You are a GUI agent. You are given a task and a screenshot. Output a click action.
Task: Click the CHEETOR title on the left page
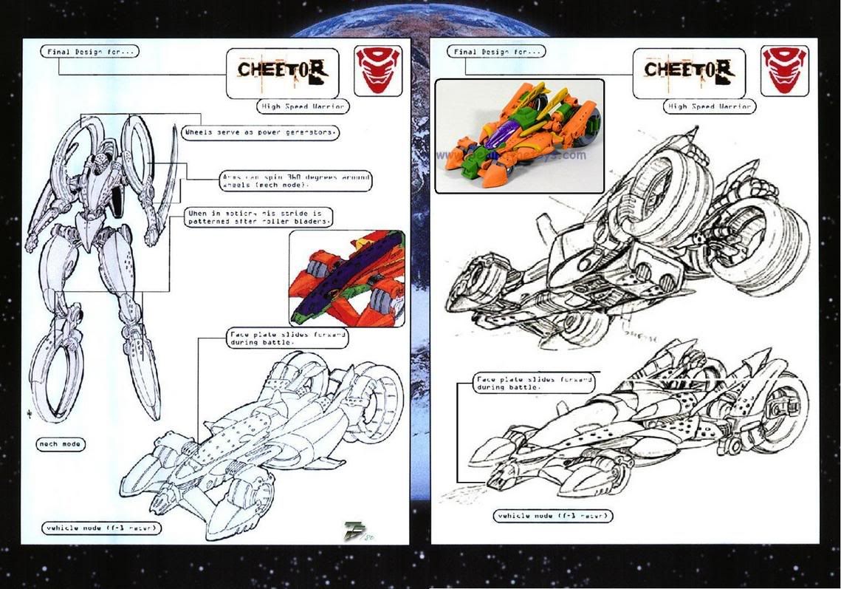tap(282, 71)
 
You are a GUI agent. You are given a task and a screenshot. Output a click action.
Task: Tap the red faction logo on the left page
tap(378, 69)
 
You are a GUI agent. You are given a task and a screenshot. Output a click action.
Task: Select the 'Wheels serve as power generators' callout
tap(261, 133)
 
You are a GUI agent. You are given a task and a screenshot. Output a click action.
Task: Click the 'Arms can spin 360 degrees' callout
tap(296, 181)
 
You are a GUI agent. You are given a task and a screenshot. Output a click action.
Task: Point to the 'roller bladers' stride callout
tap(260, 217)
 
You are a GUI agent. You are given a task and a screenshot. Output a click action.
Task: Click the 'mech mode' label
tap(61, 444)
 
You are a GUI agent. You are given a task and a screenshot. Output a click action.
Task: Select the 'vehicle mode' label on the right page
tap(553, 516)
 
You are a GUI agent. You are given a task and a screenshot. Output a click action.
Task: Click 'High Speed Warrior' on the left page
tap(303, 106)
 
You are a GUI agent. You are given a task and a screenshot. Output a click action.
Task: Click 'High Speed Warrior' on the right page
tap(710, 106)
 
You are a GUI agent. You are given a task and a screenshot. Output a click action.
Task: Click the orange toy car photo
tap(519, 136)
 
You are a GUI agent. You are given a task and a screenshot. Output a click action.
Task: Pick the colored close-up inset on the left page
tap(347, 279)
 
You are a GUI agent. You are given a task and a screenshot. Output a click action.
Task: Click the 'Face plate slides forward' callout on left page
tap(286, 338)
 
